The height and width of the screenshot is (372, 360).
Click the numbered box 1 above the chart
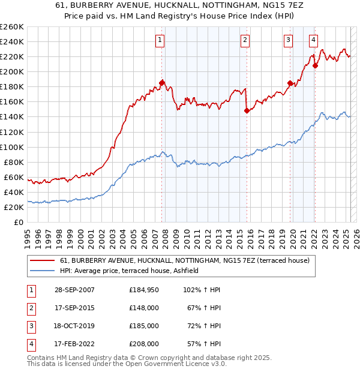pyautogui.click(x=160, y=40)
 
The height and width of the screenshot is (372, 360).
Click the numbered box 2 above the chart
pyautogui.click(x=245, y=40)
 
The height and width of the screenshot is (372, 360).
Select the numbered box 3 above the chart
pyautogui.click(x=289, y=40)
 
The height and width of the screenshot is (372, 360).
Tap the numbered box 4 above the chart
pyautogui.click(x=314, y=40)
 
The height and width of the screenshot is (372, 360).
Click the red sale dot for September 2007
pyautogui.click(x=162, y=83)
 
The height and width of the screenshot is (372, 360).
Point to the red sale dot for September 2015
pyautogui.click(x=247, y=110)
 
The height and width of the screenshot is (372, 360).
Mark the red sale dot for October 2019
pyautogui.click(x=290, y=83)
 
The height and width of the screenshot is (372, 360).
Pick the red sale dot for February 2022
pyautogui.click(x=315, y=65)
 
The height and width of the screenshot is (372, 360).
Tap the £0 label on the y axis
pyautogui.click(x=19, y=222)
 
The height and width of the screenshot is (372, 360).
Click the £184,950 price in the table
pyautogui.click(x=144, y=290)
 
